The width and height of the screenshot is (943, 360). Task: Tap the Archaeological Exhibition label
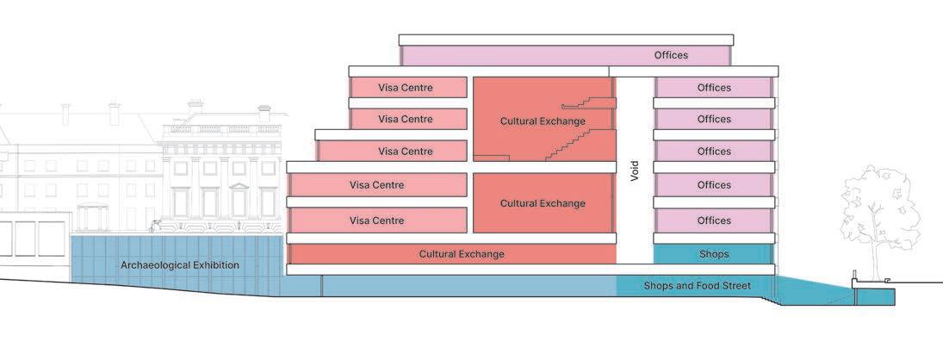(x=179, y=265)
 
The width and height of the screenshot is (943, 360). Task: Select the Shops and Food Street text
(x=698, y=286)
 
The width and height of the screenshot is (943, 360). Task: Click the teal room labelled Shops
(x=714, y=254)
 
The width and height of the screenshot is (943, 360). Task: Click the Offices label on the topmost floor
(x=671, y=55)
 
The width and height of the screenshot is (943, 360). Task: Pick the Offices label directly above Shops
(x=714, y=220)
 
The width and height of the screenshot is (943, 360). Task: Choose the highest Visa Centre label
(x=406, y=88)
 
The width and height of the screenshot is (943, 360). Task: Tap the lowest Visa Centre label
(x=376, y=220)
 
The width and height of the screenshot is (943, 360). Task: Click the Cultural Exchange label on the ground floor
(x=462, y=254)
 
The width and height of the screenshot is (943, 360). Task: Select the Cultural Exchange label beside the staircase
(x=543, y=121)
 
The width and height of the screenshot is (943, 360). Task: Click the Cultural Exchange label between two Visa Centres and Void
(x=543, y=203)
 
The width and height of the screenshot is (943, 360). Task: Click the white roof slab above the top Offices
(x=566, y=40)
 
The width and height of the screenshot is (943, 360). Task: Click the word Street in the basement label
(x=735, y=286)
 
